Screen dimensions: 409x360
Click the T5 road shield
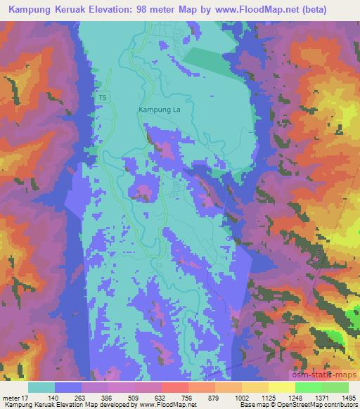pos(103,98)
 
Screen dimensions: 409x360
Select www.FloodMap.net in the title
pos(269,10)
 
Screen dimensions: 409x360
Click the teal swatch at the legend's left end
pos(42,387)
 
